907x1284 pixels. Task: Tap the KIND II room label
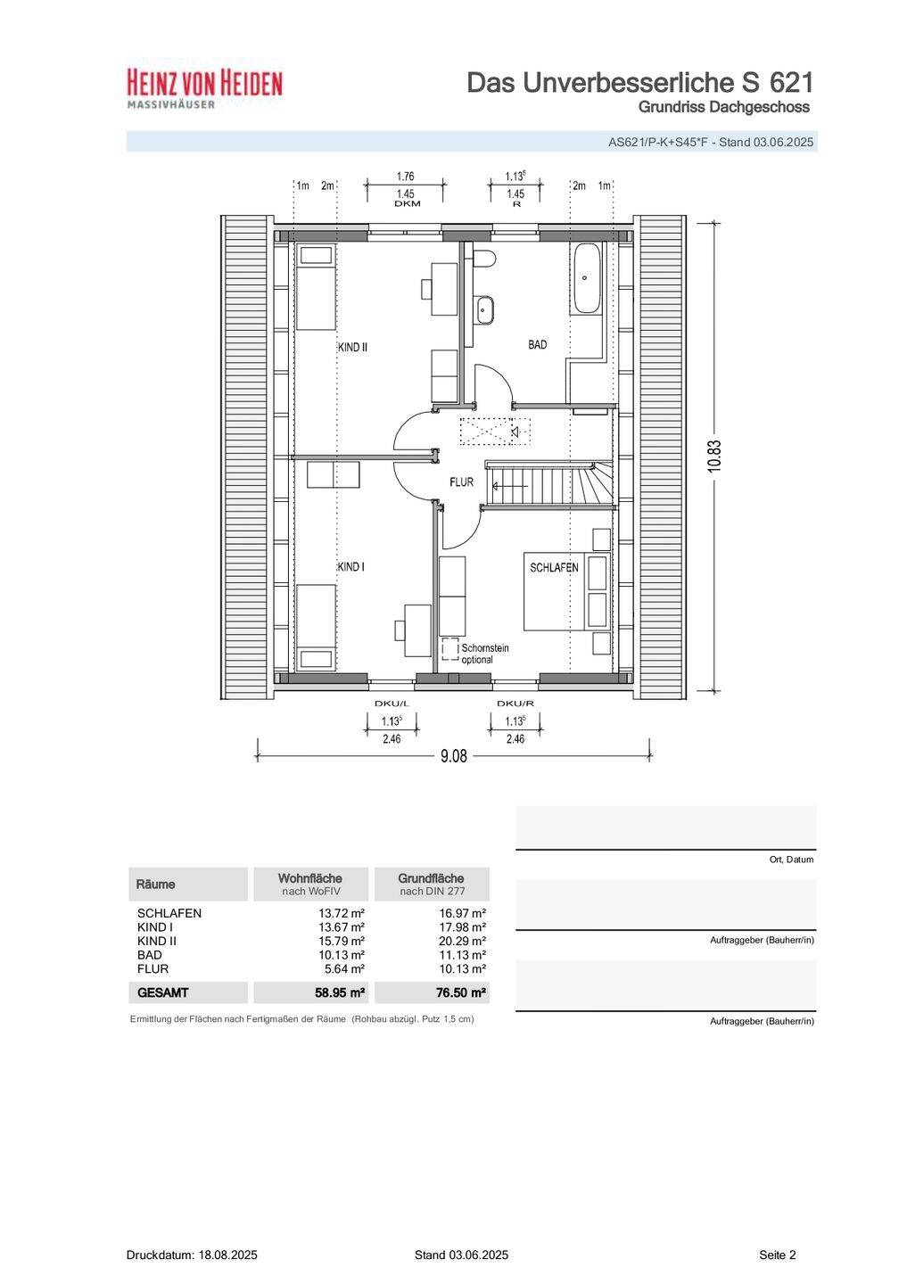click(x=352, y=348)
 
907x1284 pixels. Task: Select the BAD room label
click(x=537, y=344)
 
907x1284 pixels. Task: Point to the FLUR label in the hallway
click(x=462, y=482)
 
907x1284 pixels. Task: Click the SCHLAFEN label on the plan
click(x=554, y=567)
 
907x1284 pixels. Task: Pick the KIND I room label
click(x=350, y=567)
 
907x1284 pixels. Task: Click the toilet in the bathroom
click(x=483, y=259)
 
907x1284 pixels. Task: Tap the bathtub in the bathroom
click(x=585, y=278)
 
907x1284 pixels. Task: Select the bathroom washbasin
click(x=485, y=309)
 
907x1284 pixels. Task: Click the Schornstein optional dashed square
click(x=450, y=650)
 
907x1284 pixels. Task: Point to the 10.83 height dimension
click(x=713, y=457)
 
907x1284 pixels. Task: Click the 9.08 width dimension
click(x=453, y=756)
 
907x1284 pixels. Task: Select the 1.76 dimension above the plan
click(x=405, y=177)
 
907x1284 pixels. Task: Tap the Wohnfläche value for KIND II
click(x=342, y=941)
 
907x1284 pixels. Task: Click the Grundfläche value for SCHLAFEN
click(x=463, y=912)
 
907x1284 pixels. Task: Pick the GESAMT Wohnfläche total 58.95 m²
click(x=341, y=992)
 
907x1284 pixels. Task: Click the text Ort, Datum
click(x=791, y=860)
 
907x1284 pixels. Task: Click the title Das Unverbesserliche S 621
click(x=639, y=83)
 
